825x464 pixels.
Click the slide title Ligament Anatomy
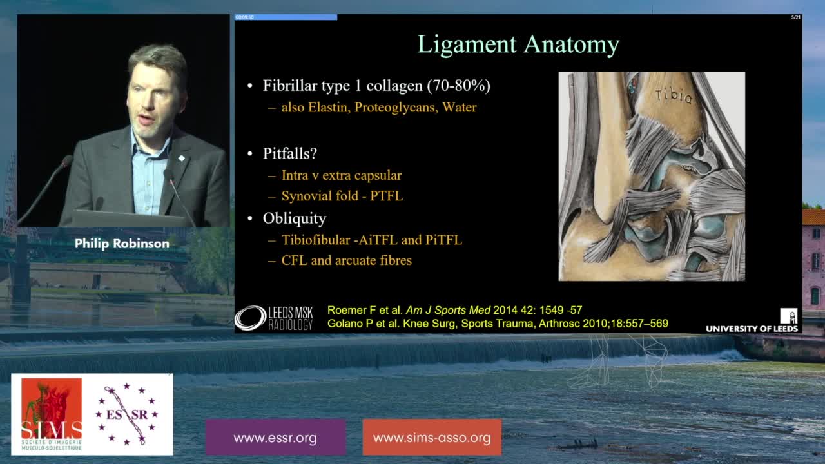pos(518,45)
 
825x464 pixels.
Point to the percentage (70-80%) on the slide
pos(458,86)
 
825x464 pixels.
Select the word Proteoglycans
pos(396,108)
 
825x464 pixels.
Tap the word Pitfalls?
pos(290,153)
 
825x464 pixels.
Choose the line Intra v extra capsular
pos(342,176)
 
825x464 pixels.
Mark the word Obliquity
pos(295,218)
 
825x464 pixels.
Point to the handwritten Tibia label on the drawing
pos(674,96)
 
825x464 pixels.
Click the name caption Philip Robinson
pos(122,244)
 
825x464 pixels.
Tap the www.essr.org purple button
pos(275,438)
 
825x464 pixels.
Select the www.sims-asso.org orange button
pos(432,438)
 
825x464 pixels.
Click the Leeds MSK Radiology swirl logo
pos(251,318)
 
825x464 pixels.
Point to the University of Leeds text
pos(752,329)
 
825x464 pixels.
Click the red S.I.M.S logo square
pos(52,414)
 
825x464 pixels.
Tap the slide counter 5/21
pos(795,17)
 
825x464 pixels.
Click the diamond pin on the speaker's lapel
pos(181,158)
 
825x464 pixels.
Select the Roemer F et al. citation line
pos(455,310)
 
